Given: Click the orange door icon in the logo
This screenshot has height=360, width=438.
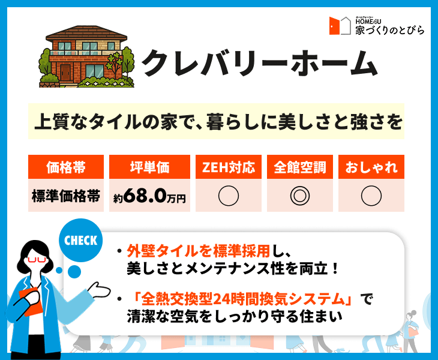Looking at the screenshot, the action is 334,26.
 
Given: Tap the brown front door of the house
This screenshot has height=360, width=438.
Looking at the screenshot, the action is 65,73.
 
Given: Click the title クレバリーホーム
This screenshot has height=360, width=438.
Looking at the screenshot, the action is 260,63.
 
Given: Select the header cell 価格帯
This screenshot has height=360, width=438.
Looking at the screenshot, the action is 66,167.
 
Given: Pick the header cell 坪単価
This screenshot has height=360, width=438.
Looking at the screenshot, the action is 149,167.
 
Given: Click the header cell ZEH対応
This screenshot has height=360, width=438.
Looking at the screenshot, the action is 229,167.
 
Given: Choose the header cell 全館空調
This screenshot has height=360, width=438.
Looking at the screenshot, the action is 300,167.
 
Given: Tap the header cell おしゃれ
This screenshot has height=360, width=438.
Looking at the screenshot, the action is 371,167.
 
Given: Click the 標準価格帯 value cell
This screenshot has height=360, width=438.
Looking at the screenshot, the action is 66,196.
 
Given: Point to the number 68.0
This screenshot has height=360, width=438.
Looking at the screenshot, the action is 145,196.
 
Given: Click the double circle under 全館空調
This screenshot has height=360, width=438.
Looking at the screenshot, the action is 300,196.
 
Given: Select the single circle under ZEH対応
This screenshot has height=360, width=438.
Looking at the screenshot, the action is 229,196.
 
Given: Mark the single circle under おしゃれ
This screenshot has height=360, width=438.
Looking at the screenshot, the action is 371,196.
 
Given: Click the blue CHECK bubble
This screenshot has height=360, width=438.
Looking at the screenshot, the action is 81,240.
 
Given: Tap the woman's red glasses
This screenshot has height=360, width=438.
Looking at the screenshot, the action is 37,260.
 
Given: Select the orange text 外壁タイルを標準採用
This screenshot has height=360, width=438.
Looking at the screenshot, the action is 199,251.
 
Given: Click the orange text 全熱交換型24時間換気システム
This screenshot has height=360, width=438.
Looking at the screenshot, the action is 242,299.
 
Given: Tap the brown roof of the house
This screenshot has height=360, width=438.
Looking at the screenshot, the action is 86,34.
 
